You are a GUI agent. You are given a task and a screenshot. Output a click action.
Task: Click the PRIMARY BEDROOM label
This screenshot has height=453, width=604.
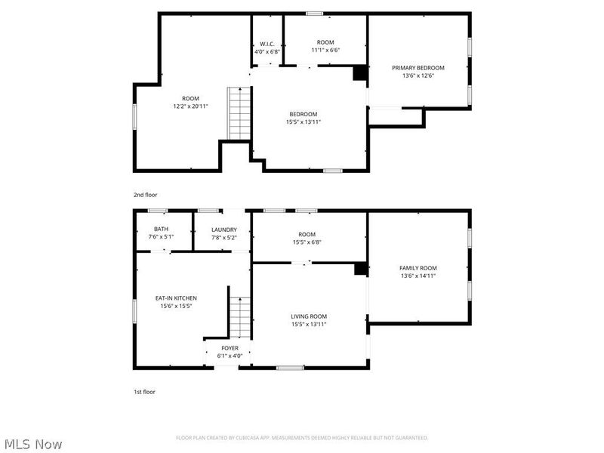[x=418, y=68]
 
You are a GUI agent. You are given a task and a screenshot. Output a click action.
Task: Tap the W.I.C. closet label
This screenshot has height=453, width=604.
[x=267, y=43]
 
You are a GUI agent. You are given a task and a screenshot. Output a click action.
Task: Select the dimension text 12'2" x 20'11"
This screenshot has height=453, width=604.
[x=190, y=106]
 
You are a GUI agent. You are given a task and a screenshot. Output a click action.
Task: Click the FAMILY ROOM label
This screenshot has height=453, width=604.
[x=418, y=268]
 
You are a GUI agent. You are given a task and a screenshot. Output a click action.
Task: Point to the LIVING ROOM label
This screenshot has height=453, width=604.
[x=309, y=316]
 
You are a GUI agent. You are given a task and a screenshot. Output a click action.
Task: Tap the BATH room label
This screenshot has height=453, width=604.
[x=161, y=230]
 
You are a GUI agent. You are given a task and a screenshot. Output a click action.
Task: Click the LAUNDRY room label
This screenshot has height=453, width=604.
[x=224, y=230]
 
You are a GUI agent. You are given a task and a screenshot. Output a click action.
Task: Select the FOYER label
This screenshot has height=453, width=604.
[x=230, y=348]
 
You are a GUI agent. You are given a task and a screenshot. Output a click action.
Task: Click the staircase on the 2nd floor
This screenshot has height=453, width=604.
[x=239, y=113]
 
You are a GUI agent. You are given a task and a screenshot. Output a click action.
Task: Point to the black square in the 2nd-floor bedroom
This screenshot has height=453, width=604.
[x=361, y=73]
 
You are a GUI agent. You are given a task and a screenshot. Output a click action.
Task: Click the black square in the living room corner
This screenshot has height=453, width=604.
[x=361, y=269]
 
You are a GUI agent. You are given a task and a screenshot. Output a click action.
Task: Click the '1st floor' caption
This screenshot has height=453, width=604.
[x=144, y=392]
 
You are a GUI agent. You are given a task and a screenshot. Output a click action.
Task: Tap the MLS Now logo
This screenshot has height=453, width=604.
[x=33, y=444]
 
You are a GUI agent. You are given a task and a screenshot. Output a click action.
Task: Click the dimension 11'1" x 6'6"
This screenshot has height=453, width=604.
[x=325, y=50]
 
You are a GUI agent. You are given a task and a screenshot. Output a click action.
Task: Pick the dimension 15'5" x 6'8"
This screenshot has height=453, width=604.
[x=307, y=242]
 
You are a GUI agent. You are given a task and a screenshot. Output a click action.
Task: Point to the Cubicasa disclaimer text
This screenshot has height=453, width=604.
[x=302, y=438]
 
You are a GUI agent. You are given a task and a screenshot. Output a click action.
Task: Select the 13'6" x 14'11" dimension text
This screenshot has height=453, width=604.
[x=418, y=276]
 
